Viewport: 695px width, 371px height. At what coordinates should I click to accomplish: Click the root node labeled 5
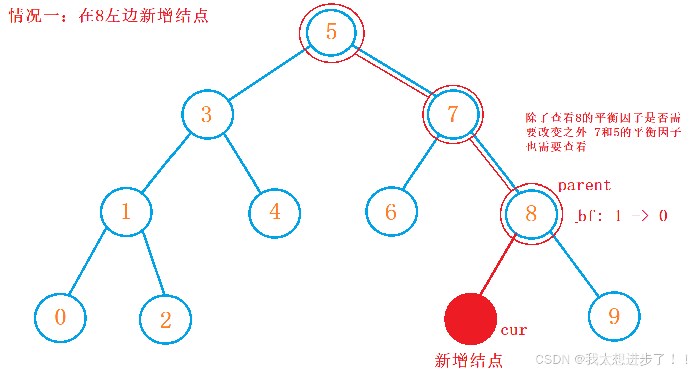pyautogui.click(x=331, y=32)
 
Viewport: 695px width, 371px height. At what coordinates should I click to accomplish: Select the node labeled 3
pyautogui.click(x=207, y=115)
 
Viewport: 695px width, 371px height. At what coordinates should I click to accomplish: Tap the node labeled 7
pyautogui.click(x=453, y=114)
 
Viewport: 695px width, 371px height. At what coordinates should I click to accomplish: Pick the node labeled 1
pyautogui.click(x=126, y=211)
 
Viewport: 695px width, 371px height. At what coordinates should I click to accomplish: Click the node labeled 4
pyautogui.click(x=275, y=212)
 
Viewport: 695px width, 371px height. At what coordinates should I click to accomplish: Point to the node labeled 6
pyautogui.click(x=391, y=212)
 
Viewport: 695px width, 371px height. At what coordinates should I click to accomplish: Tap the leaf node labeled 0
pyautogui.click(x=60, y=317)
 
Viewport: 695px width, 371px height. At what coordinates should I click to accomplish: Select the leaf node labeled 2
pyautogui.click(x=165, y=319)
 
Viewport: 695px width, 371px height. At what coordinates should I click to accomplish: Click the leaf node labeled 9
pyautogui.click(x=614, y=316)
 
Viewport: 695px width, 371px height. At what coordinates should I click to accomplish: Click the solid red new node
pyautogui.click(x=470, y=319)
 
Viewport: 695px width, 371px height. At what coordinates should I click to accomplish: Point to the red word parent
pyautogui.click(x=584, y=185)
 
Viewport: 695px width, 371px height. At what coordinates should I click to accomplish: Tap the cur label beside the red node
pyautogui.click(x=514, y=330)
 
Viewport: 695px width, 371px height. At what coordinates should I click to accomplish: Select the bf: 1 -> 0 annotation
pyautogui.click(x=622, y=216)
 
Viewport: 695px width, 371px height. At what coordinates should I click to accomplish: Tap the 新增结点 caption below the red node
pyautogui.click(x=468, y=360)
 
